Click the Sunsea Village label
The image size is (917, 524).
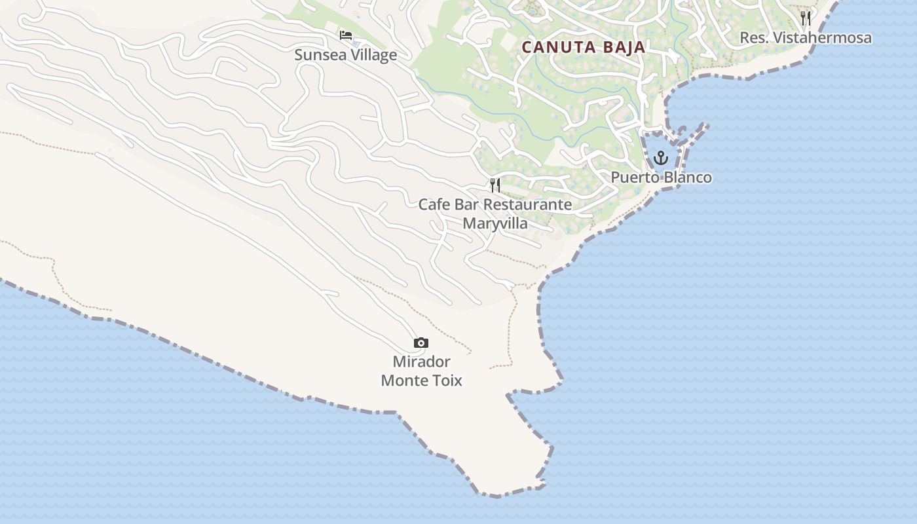coord(345,54)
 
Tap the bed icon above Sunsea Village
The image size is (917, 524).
coord(345,35)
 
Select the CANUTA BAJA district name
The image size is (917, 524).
coord(584,47)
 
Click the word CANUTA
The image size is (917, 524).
coord(559,47)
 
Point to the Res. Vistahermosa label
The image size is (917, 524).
coord(805,38)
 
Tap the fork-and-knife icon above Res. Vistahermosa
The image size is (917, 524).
coord(805,18)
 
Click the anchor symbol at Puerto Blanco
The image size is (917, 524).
coord(660,158)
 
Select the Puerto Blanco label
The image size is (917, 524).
coord(661,178)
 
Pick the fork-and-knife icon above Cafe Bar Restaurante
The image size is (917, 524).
coord(495,185)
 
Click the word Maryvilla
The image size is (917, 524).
coord(495,223)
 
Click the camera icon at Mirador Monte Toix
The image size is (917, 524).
coord(421,343)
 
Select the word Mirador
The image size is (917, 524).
coord(421,362)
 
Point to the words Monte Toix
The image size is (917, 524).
coord(421,381)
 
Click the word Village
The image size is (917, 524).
coord(373,54)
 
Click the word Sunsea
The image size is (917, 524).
coord(319,54)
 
